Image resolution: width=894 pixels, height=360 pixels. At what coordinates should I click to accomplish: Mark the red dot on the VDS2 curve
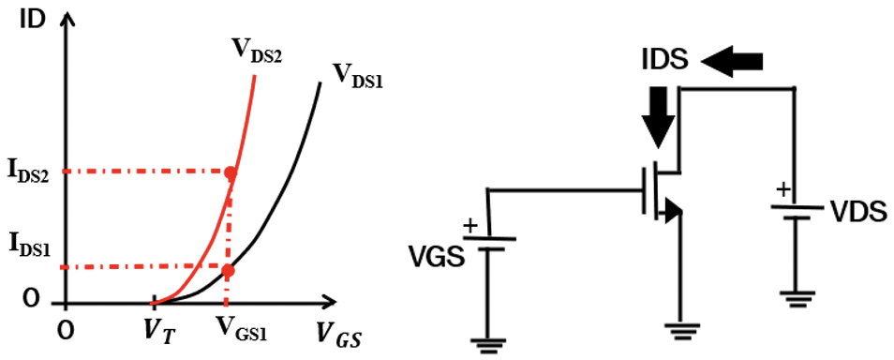231,172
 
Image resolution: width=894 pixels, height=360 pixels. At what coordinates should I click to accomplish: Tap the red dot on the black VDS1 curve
228,270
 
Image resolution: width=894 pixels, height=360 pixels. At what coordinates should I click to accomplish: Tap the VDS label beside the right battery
858,212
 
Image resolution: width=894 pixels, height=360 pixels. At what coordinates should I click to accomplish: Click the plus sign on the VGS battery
469,226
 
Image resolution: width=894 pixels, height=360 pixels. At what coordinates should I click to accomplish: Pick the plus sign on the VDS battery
780,190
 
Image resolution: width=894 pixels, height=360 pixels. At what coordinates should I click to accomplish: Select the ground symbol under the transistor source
680,329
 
